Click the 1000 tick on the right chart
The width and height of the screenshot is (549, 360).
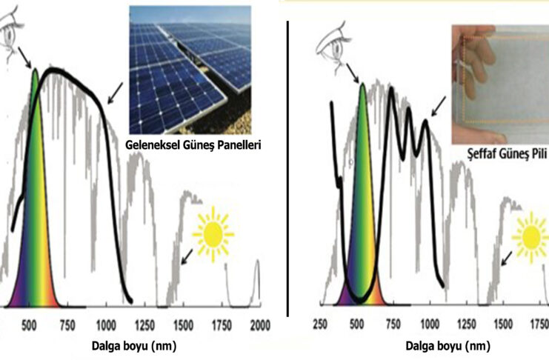point(430,324)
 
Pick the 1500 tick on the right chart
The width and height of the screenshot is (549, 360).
point(503,324)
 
